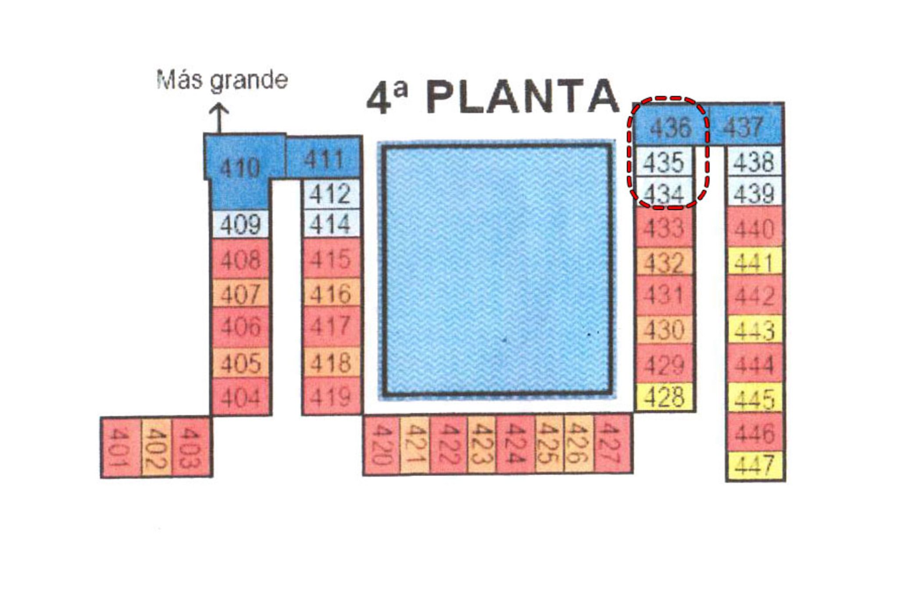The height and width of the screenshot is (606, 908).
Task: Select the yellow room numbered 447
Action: point(755,466)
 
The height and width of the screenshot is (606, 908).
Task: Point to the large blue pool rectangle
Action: point(497,269)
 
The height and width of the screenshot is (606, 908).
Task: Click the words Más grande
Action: point(222,81)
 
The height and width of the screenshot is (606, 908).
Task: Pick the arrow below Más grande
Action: point(218,118)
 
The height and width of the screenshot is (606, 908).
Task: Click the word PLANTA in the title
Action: point(522,97)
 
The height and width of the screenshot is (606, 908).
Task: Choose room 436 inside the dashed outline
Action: point(671,128)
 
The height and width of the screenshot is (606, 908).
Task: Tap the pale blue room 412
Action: point(330,194)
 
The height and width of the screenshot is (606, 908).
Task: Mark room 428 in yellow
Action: point(664,397)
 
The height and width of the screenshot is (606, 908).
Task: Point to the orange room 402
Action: point(157,447)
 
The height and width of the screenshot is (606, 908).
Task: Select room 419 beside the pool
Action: point(331,396)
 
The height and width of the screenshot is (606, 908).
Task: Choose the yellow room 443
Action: point(755,330)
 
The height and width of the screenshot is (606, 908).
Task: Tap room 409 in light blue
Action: point(240,224)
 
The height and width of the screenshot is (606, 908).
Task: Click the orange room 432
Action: point(664,262)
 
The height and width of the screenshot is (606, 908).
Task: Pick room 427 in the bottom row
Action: point(613,444)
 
